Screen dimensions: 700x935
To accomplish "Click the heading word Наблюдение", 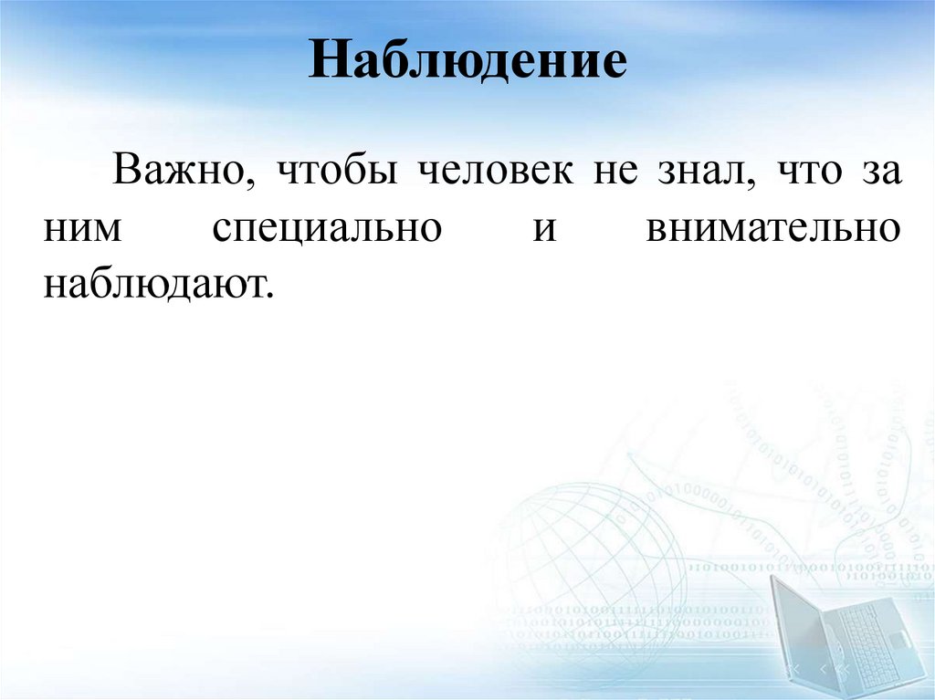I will pos(467,63).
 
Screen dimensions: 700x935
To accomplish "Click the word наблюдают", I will pos(155,285).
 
